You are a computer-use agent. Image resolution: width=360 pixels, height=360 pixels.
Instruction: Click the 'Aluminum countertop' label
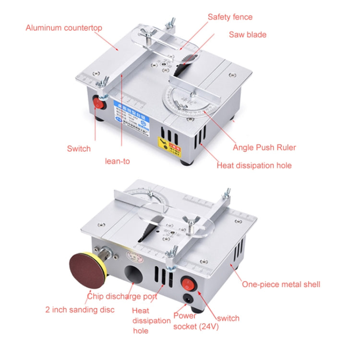point(64,28)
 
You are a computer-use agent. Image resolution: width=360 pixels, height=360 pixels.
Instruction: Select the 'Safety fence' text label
point(230,17)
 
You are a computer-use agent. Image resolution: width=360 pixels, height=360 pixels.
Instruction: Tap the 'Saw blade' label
point(247,35)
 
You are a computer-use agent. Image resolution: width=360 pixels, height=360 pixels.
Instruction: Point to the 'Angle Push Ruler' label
point(264,147)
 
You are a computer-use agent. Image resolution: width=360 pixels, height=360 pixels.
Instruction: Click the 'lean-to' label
point(117,161)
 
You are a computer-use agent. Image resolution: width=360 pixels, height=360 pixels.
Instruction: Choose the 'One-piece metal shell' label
point(281,284)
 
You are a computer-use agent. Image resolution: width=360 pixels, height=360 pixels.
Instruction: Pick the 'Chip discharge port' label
point(122,296)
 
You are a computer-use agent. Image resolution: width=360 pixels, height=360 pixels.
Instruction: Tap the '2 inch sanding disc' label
point(80,310)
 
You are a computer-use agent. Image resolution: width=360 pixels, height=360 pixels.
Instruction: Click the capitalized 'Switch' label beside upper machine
point(79,148)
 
